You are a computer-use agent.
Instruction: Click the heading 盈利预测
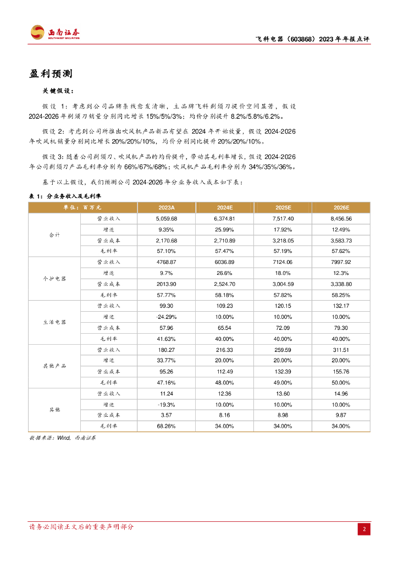51,74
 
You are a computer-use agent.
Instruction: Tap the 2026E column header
341,207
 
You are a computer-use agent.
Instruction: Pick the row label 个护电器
54,279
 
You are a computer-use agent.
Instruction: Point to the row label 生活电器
54,322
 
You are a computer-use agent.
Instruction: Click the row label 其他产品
54,366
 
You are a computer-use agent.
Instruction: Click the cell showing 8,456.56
341,218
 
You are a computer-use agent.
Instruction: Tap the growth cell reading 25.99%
224,229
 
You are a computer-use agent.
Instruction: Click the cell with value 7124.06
283,262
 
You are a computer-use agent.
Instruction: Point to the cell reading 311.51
341,350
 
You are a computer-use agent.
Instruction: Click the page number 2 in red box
364,529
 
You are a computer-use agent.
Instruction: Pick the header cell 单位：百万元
82,207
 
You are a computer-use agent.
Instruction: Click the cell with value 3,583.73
341,240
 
